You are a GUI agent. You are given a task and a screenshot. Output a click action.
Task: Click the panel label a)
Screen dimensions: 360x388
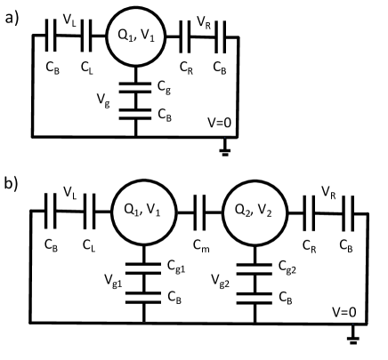click(x=12, y=16)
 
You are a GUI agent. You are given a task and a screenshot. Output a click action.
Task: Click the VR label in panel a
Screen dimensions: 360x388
click(x=204, y=16)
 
